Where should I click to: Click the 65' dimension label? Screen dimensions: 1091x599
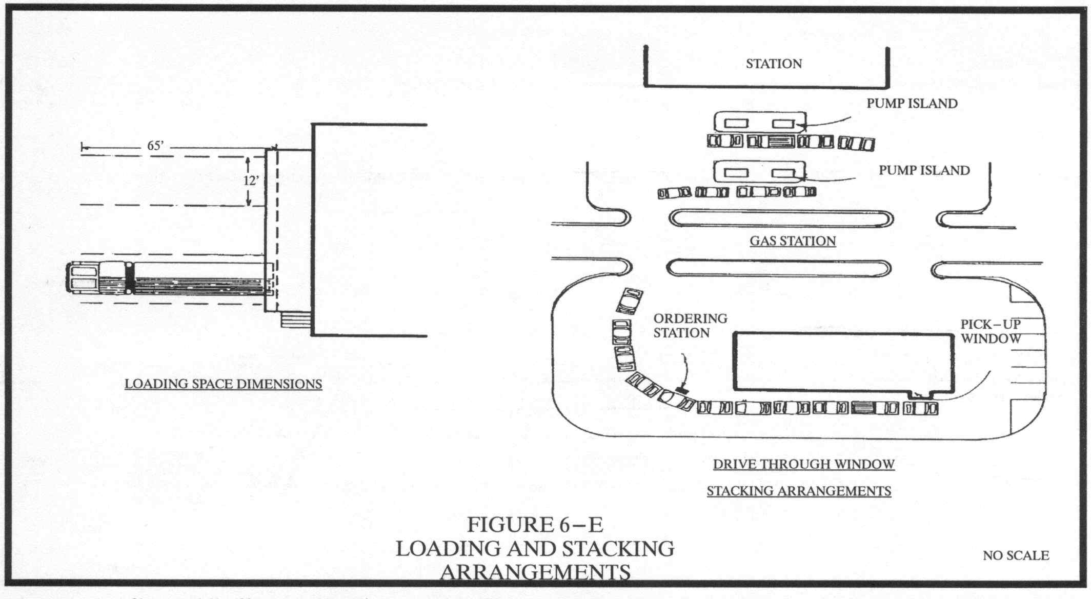[x=155, y=146]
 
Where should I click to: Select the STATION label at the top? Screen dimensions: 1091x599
[x=774, y=64]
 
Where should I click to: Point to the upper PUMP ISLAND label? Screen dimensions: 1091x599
[x=912, y=104]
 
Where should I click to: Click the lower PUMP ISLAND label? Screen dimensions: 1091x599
[x=924, y=170]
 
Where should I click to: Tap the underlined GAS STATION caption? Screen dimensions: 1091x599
[x=793, y=241]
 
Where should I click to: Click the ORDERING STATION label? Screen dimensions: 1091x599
[x=690, y=326]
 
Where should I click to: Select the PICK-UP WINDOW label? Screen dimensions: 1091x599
[x=991, y=331]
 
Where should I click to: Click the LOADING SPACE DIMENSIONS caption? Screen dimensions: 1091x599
[x=224, y=384]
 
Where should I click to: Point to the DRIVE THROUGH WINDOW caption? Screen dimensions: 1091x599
[x=804, y=465]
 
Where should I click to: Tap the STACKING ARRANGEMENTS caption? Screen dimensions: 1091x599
[x=799, y=491]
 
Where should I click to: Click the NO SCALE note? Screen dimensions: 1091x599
[x=1016, y=555]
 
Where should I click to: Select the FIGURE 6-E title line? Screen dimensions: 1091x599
[x=535, y=525]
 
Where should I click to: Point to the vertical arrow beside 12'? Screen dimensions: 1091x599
[x=248, y=181]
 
